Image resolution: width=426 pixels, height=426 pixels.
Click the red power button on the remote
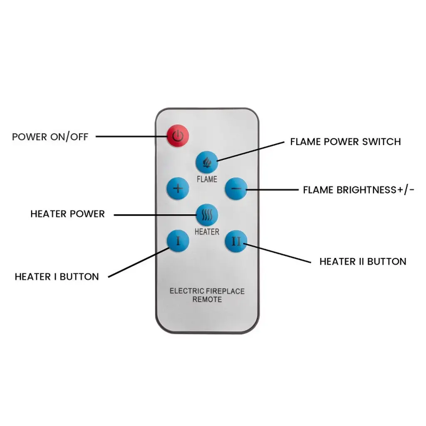(178, 136)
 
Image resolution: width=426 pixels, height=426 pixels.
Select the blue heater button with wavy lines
(207, 215)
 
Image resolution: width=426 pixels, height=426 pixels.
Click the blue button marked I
(178, 241)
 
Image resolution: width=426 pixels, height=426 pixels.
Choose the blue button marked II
(236, 242)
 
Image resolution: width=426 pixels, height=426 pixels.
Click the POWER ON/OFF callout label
(50, 137)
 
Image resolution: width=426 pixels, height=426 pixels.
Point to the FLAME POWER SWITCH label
(345, 141)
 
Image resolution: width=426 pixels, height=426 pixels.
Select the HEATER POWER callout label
(68, 214)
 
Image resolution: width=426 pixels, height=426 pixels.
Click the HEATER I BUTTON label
(57, 277)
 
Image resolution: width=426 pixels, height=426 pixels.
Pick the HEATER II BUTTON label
(363, 262)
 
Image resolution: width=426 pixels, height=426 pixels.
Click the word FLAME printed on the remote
(207, 180)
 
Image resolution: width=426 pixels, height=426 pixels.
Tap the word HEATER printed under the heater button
(207, 232)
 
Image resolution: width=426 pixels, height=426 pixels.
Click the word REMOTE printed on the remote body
(207, 300)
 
